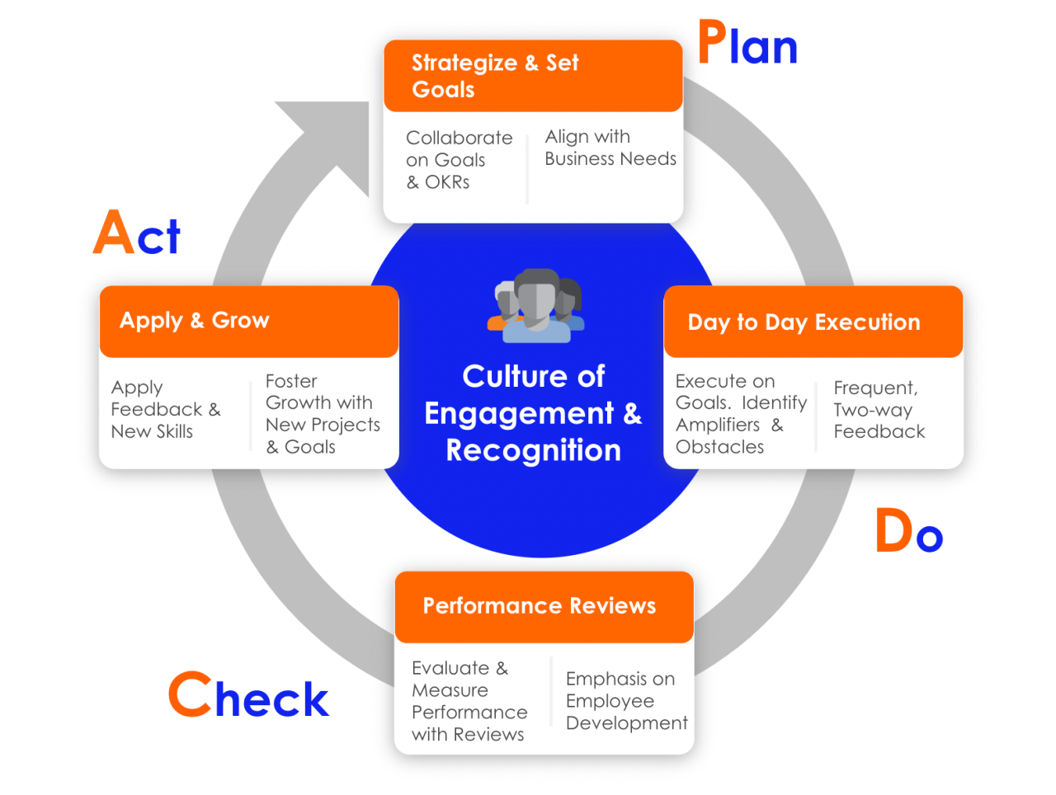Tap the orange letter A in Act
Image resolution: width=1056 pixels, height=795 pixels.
pos(113,233)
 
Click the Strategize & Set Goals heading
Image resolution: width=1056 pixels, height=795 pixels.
pos(495,76)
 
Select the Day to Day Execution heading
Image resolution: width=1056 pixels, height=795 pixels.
pos(804,322)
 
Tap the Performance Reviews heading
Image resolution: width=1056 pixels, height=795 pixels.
pos(539,606)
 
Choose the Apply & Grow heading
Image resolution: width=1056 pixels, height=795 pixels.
pos(195,320)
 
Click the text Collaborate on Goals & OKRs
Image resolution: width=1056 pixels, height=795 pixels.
pos(459,160)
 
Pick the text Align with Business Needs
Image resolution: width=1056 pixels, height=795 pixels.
pos(610,148)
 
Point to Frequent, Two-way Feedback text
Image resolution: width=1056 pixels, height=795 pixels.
pos(879,410)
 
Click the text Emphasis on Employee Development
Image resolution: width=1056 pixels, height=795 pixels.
pos(625,701)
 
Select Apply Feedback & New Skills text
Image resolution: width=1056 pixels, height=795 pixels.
pos(165,410)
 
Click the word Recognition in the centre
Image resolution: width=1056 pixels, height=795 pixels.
pos(533,450)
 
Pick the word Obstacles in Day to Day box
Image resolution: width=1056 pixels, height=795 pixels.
pos(719,447)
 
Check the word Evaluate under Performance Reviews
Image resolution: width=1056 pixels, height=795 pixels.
pos(450,668)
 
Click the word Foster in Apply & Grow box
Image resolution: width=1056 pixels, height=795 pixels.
pos(291,381)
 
